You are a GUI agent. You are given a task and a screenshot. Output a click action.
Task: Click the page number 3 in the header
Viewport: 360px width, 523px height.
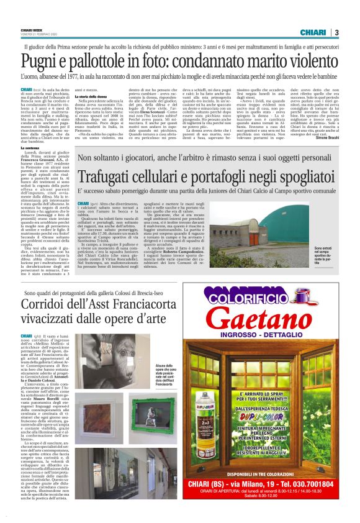[336, 33]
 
